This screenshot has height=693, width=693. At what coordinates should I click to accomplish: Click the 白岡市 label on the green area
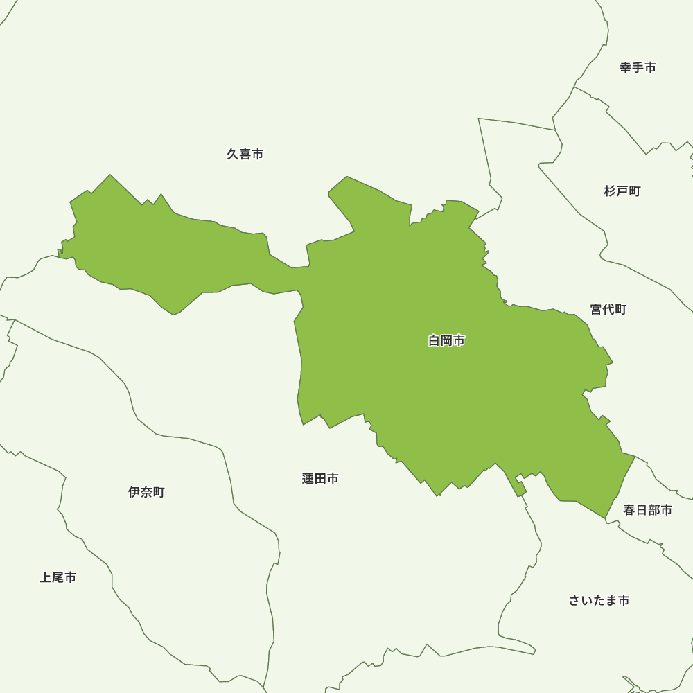446,340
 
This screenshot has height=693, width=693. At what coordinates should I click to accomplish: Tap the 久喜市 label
245,154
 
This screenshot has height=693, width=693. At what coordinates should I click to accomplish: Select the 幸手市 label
638,67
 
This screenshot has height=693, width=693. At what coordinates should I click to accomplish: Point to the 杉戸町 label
622,191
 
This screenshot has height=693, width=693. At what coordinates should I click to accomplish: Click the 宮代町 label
608,309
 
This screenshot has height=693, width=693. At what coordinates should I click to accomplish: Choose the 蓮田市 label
320,478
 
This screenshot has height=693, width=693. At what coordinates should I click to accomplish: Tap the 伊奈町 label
146,492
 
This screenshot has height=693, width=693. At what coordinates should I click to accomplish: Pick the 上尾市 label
58,577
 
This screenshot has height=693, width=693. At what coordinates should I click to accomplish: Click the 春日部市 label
647,510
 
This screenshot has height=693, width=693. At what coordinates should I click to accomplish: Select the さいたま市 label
599,600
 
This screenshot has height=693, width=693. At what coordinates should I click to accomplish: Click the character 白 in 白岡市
435,340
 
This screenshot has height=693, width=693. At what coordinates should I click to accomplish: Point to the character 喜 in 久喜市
245,154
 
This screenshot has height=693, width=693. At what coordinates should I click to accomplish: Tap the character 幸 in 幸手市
626,67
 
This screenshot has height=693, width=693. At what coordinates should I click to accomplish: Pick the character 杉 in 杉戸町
611,191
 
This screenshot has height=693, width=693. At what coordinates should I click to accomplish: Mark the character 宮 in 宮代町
597,309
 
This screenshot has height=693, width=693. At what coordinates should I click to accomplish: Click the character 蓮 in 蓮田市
308,478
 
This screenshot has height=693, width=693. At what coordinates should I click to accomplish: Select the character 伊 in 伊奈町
134,492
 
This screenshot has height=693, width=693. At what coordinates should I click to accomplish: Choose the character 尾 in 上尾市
58,577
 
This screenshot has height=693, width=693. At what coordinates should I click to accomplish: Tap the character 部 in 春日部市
653,510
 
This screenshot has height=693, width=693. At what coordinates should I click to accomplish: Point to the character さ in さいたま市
574,600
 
